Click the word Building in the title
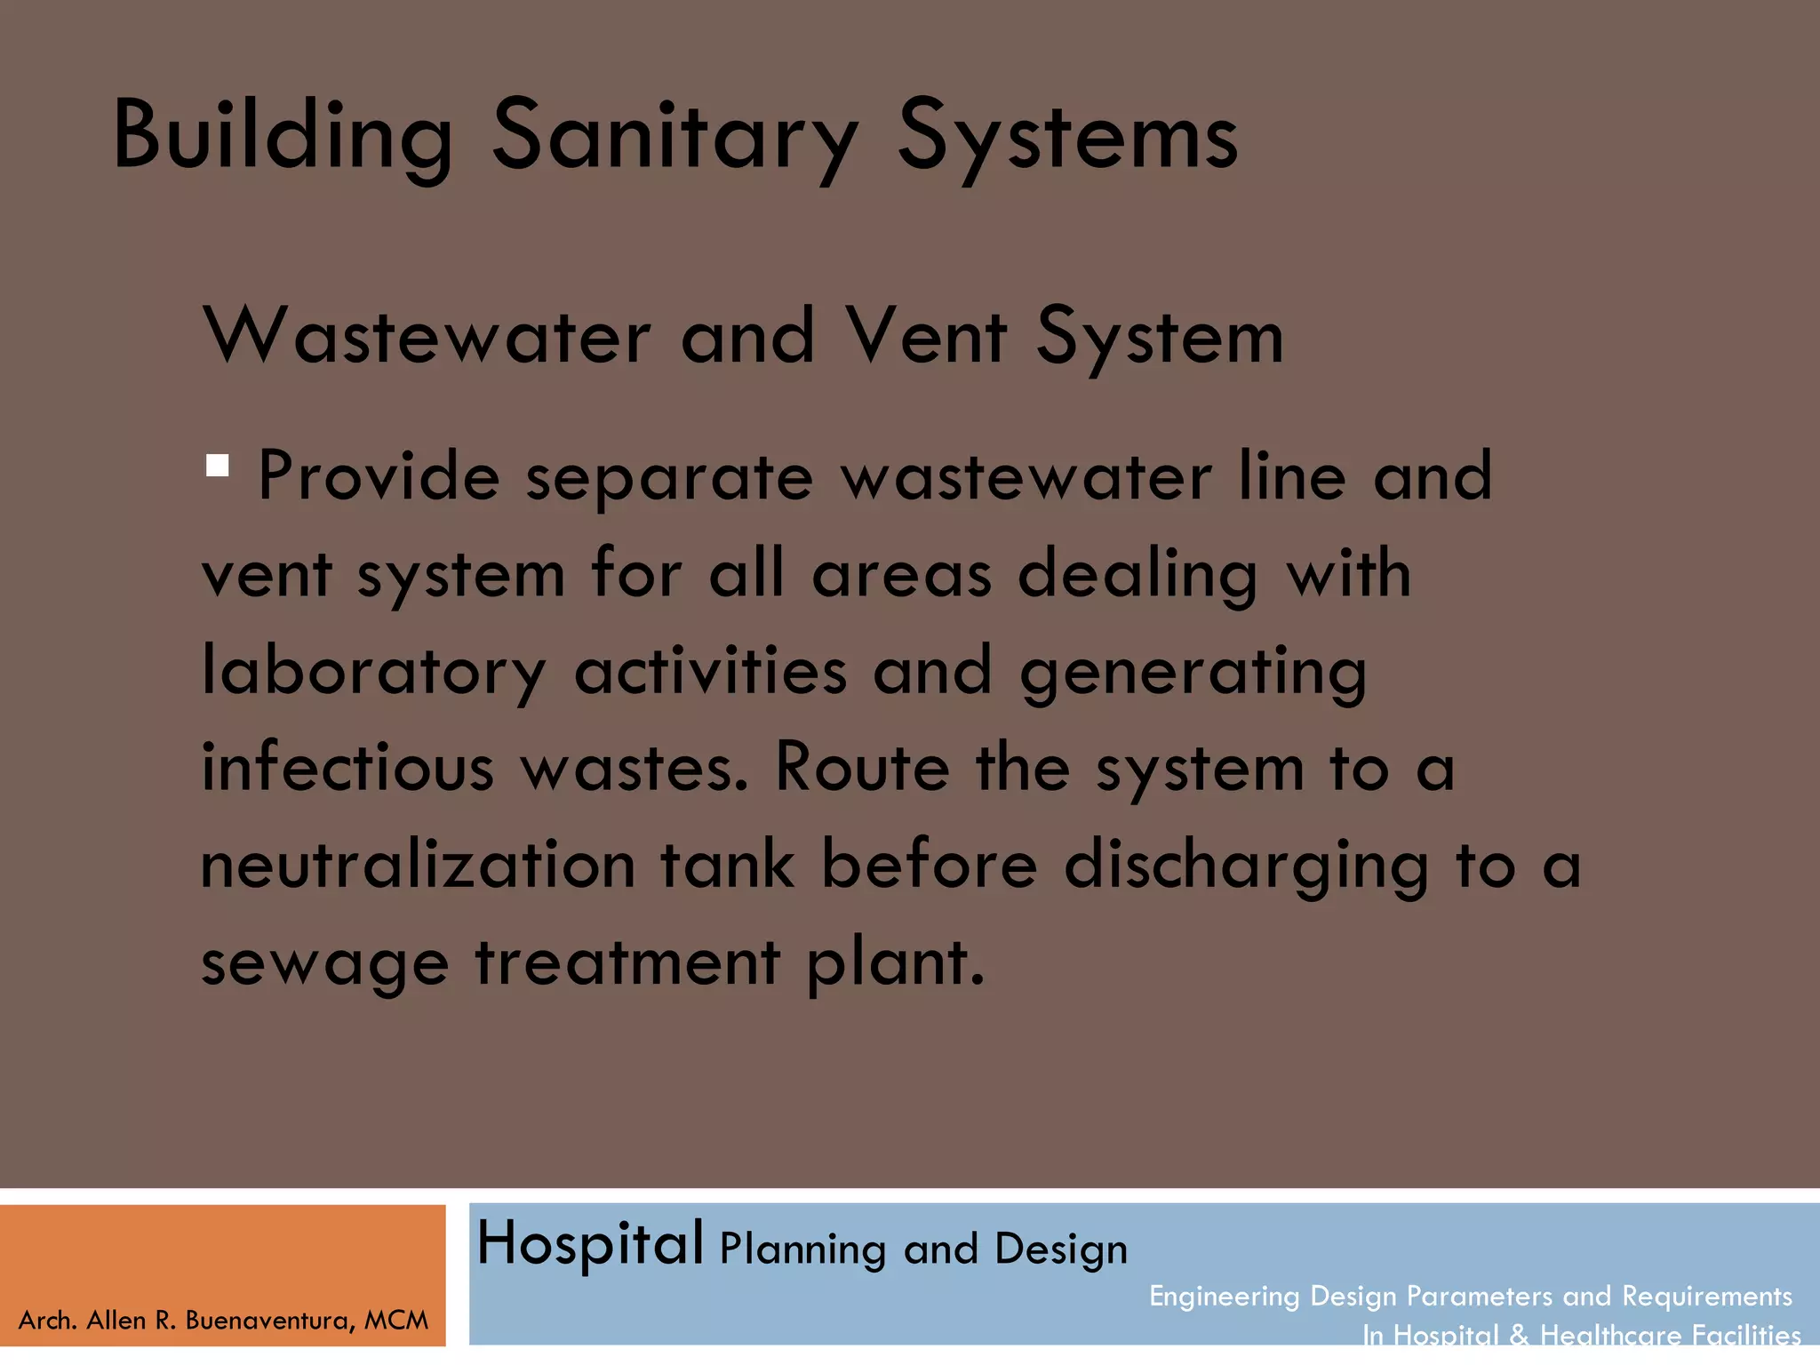tap(283, 136)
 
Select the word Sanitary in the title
tap(675, 136)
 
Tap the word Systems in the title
tap(1066, 136)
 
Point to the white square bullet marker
tap(218, 466)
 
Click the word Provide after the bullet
tap(379, 476)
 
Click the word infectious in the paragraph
tap(347, 767)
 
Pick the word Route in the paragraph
tap(862, 767)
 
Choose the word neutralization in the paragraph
tap(418, 865)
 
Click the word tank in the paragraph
tap(727, 865)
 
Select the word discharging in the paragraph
tap(1246, 865)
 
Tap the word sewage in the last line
tap(325, 963)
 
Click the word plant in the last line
tap(895, 963)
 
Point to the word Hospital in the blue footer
tap(590, 1243)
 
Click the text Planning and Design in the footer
tap(923, 1249)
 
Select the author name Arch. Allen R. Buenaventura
tap(222, 1321)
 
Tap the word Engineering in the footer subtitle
tap(1224, 1297)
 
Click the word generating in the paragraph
tap(1193, 671)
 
